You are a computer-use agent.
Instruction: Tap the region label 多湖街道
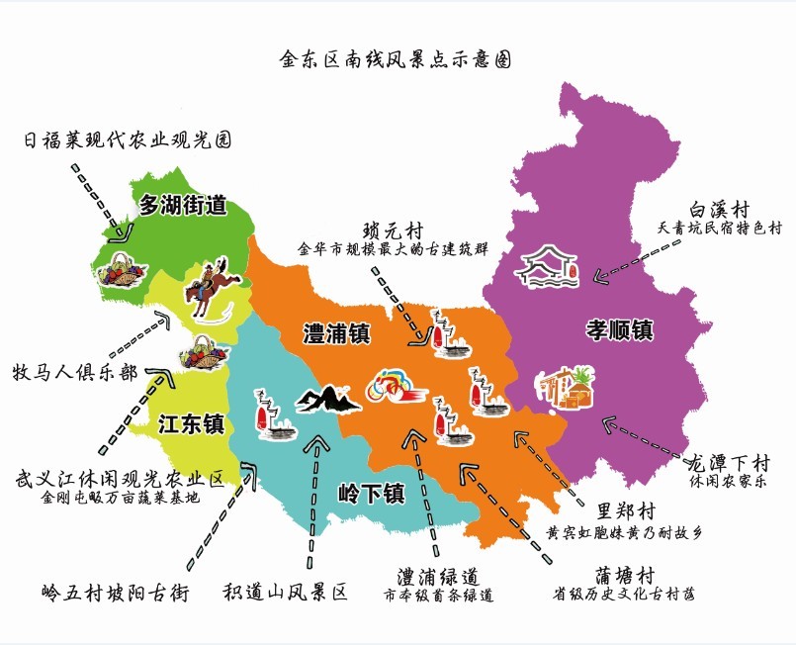[x=182, y=207]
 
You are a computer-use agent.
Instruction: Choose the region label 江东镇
[x=192, y=424]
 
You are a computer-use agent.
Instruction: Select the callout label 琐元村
[x=392, y=230]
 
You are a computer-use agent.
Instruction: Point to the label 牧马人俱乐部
[x=75, y=373]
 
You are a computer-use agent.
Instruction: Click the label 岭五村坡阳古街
[x=116, y=592]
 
